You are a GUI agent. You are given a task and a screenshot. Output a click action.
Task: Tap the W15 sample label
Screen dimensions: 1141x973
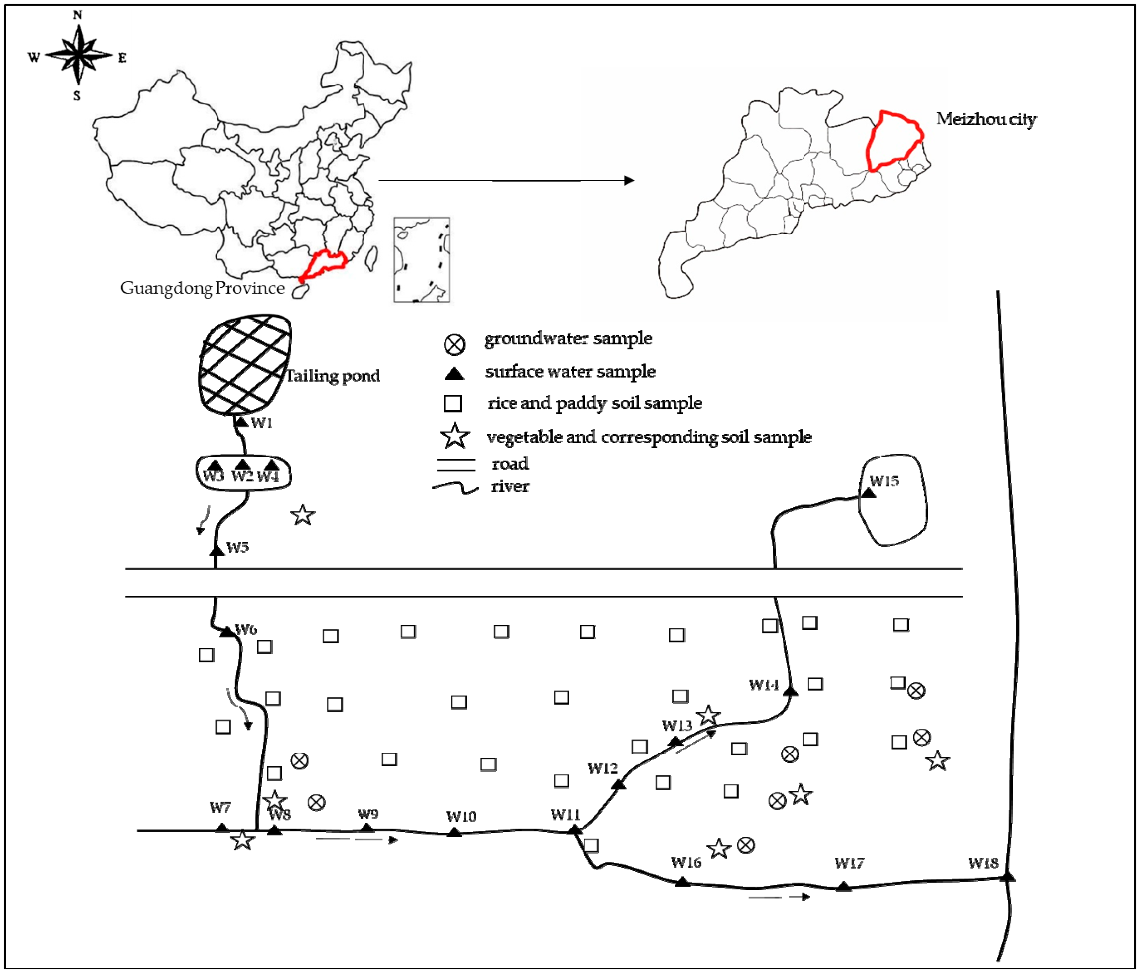(x=884, y=481)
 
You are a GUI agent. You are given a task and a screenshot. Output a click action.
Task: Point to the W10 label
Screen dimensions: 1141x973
(x=461, y=816)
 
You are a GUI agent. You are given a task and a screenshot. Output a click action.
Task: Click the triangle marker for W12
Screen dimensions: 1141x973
(x=619, y=784)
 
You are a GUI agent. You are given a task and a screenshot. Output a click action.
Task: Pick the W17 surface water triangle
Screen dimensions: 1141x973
(x=843, y=886)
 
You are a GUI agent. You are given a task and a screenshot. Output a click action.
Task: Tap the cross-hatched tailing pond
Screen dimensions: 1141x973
(x=245, y=365)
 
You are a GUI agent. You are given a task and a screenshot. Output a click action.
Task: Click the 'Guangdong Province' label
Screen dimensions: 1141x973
(x=202, y=288)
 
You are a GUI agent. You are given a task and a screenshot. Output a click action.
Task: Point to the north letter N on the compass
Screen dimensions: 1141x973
(x=78, y=15)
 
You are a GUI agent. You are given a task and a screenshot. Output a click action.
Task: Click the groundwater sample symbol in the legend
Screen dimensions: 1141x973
(x=454, y=345)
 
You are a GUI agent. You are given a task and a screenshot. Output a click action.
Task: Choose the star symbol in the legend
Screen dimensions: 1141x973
(x=455, y=436)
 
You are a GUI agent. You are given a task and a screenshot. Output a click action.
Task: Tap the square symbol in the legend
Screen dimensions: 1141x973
(x=453, y=404)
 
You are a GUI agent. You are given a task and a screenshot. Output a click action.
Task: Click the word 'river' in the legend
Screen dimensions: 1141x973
(x=510, y=486)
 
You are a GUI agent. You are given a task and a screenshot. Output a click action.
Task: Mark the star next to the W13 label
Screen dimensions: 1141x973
(x=708, y=715)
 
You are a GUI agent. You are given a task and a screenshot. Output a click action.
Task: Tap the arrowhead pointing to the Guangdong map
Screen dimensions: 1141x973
(x=629, y=180)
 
